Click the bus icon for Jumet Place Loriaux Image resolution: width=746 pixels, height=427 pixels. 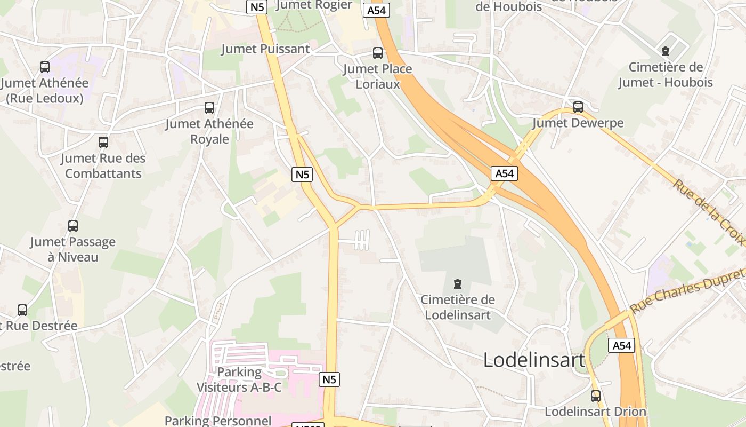pos(377,53)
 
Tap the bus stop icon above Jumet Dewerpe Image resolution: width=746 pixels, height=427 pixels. pos(578,107)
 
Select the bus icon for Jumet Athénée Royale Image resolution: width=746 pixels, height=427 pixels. pos(209,108)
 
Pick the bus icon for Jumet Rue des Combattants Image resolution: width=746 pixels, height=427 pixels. pos(103,143)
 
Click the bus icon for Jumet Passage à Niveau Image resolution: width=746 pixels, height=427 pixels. pos(73,226)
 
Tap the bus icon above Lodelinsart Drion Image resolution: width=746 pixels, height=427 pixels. pos(596,396)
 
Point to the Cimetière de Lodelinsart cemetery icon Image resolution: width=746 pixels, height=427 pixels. pos(457,284)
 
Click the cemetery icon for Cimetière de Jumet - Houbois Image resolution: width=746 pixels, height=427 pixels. pos(665,52)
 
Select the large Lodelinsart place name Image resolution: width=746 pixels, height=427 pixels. pos(534,360)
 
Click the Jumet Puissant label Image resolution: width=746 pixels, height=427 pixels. pos(265,49)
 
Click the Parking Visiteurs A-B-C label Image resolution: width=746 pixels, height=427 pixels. pos(239,379)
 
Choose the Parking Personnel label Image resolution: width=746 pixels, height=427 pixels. pos(218,421)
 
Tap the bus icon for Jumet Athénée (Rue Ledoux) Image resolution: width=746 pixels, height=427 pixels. pos(45,67)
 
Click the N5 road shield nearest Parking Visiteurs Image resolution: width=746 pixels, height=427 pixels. pos(330,379)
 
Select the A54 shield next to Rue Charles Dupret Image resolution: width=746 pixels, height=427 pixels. pos(621,345)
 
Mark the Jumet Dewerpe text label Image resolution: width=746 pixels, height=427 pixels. pos(578,123)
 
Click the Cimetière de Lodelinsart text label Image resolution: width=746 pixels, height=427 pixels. pos(458,307)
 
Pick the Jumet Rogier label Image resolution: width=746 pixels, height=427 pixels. pos(314,5)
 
